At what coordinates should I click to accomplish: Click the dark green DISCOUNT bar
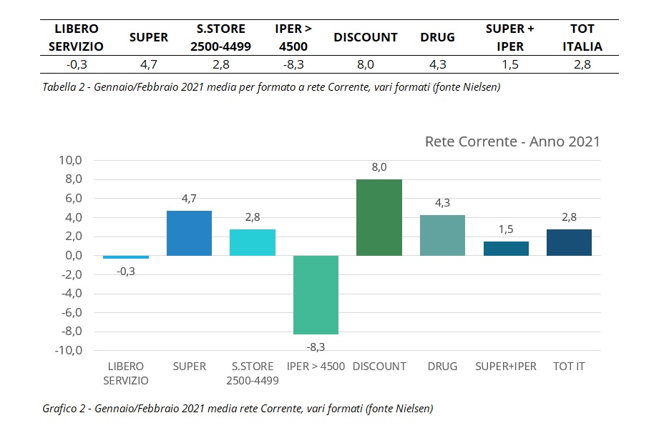[379, 217]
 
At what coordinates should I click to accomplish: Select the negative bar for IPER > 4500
[316, 294]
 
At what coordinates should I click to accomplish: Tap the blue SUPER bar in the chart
[189, 233]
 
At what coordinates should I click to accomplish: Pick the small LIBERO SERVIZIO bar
[126, 257]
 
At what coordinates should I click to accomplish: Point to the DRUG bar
[442, 235]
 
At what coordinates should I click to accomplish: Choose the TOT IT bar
[569, 242]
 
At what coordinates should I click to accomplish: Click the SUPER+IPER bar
[506, 248]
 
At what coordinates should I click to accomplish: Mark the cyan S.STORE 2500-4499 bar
[253, 242]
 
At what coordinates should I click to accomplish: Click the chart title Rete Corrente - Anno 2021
[512, 141]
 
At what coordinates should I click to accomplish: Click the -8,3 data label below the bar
[316, 347]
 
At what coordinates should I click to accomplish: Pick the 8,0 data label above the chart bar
[379, 167]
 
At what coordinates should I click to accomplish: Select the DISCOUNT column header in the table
[365, 37]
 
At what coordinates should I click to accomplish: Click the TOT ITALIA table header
[582, 37]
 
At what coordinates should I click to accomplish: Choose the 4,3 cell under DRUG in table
[438, 64]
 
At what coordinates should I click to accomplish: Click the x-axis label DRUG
[442, 366]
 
